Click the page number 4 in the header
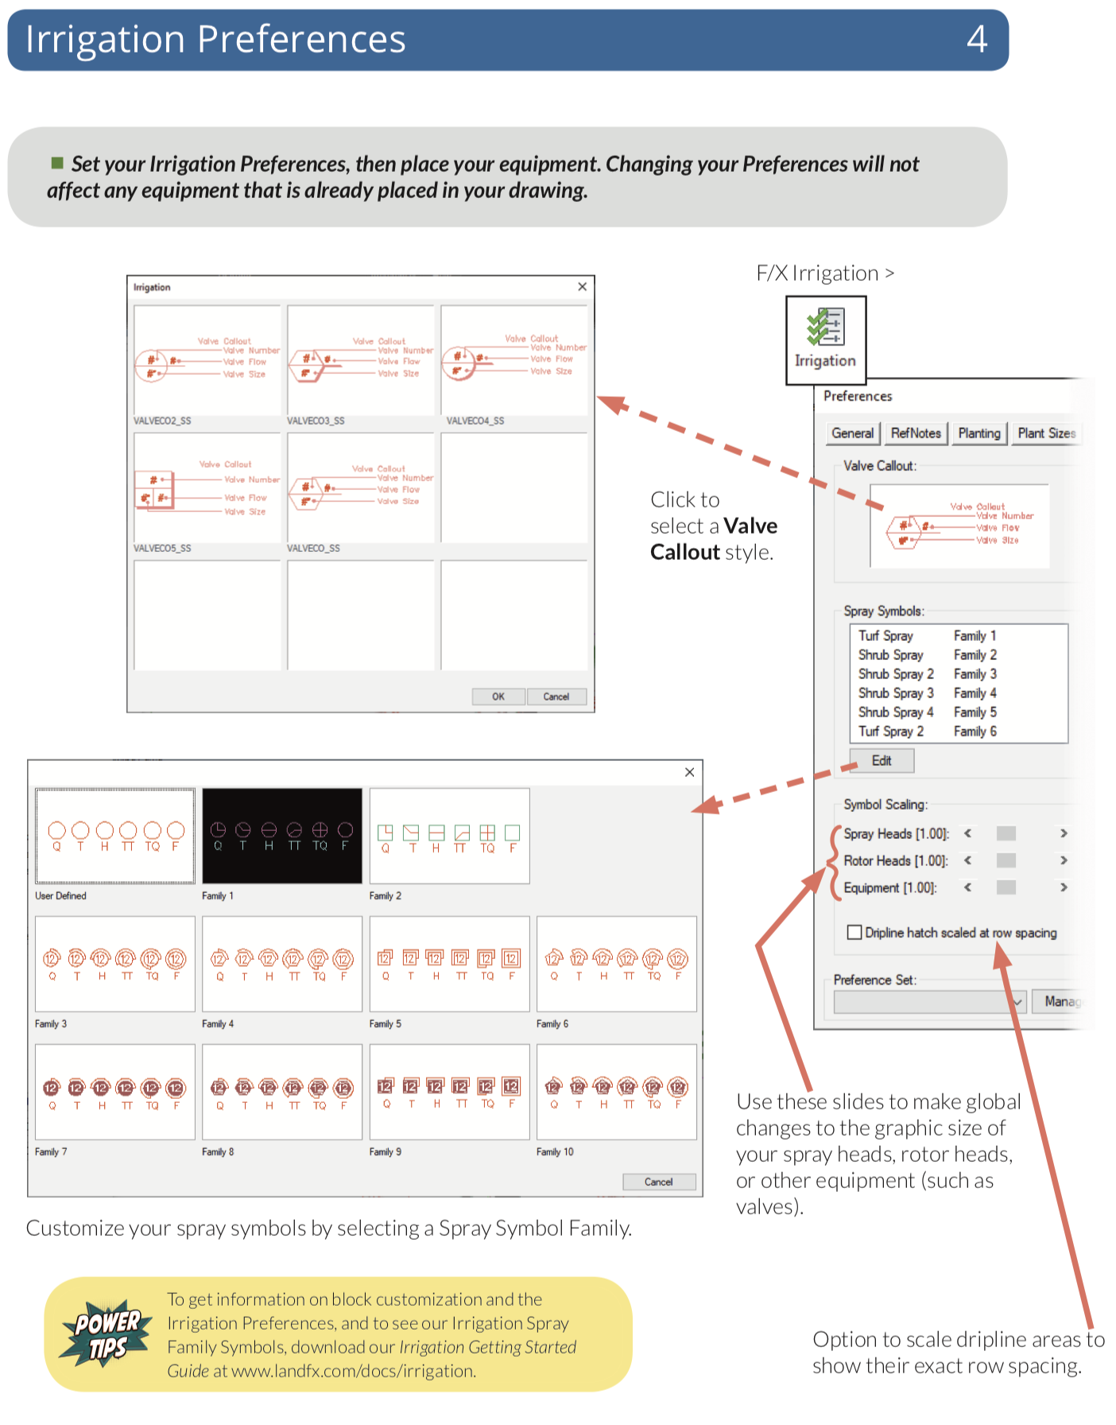point(977,39)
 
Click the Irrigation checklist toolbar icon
point(825,328)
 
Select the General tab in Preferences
point(852,433)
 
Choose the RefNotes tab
point(916,433)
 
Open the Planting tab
point(978,433)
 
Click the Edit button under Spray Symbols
point(882,761)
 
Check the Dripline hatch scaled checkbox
point(854,932)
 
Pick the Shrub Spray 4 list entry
point(896,712)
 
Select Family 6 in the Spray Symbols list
point(975,732)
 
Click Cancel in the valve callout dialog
point(556,697)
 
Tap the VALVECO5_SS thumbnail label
point(162,549)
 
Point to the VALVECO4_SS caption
point(475,421)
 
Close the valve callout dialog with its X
point(583,287)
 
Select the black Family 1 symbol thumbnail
point(282,836)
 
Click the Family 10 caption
point(555,1152)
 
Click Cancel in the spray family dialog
point(658,1182)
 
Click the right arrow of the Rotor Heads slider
point(1064,860)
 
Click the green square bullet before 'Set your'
point(57,163)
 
